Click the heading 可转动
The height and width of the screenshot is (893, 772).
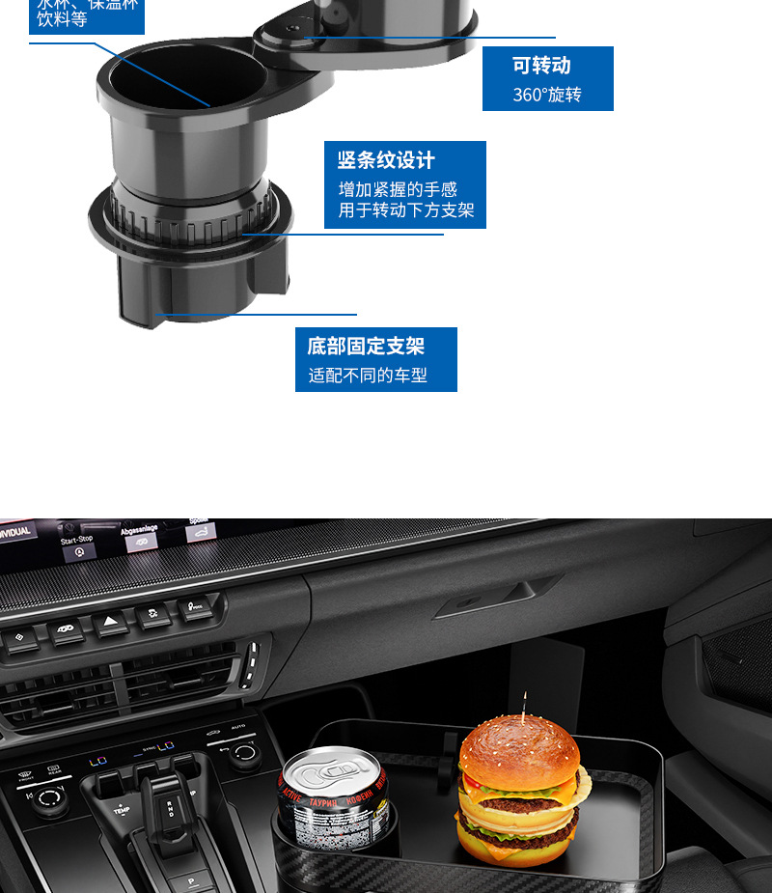(x=541, y=67)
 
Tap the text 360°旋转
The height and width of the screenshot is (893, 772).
(x=547, y=96)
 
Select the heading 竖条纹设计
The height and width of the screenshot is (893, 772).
(x=386, y=160)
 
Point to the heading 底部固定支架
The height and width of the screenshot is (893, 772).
(x=366, y=346)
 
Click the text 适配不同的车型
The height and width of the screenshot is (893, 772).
(x=368, y=376)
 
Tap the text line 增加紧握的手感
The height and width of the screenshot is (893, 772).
(x=398, y=189)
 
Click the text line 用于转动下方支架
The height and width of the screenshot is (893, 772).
(x=405, y=210)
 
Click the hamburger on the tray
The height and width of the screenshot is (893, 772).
(x=521, y=792)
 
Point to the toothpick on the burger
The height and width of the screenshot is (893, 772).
(x=525, y=705)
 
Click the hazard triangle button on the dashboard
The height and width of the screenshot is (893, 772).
(x=111, y=624)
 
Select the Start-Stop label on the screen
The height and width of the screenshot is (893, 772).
(x=77, y=541)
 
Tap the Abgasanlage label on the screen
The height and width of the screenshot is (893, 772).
(x=140, y=529)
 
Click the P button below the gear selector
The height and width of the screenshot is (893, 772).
(x=190, y=881)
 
